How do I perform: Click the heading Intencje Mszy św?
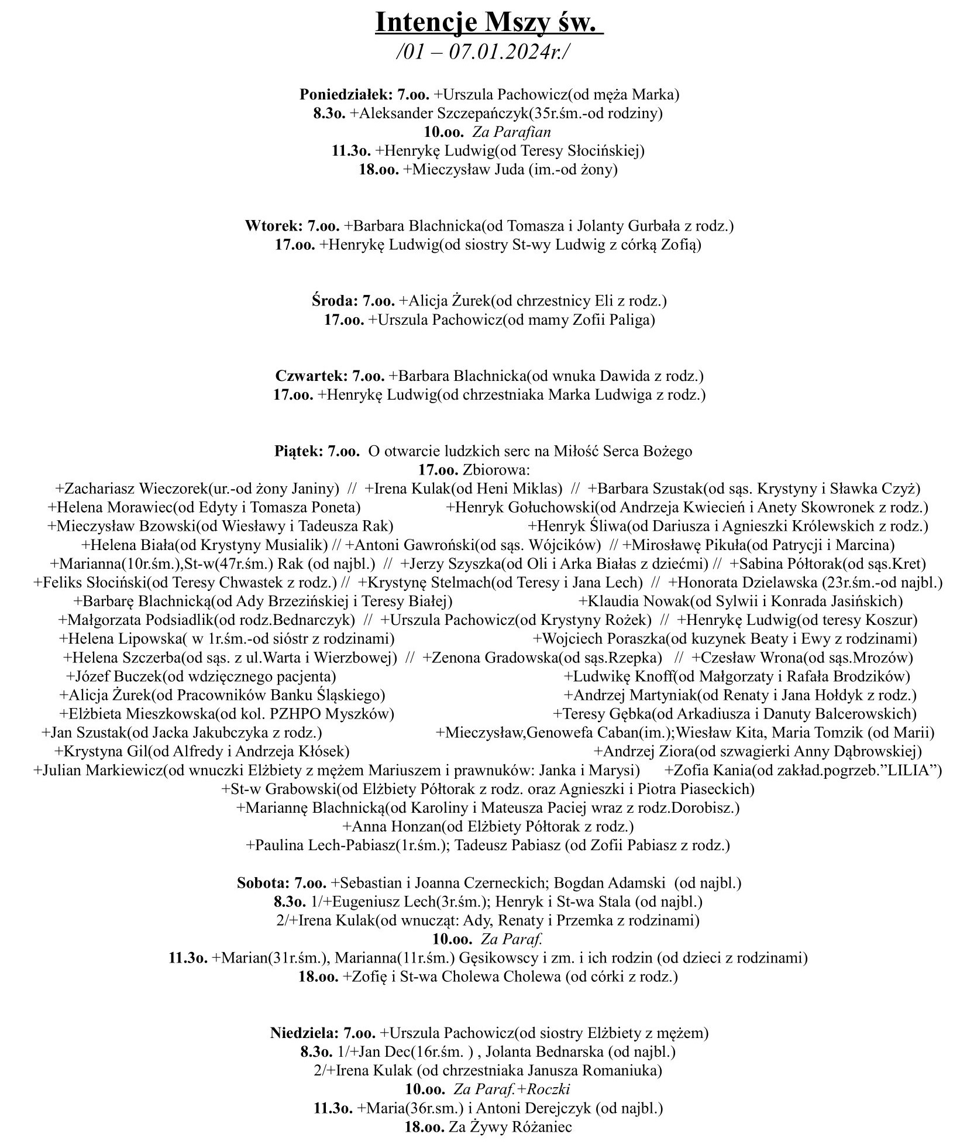(489, 23)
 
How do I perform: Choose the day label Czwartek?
(312, 376)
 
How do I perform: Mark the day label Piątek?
(298, 451)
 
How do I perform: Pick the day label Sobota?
(263, 882)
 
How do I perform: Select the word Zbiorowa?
(496, 470)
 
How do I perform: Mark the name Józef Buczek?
(118, 676)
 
